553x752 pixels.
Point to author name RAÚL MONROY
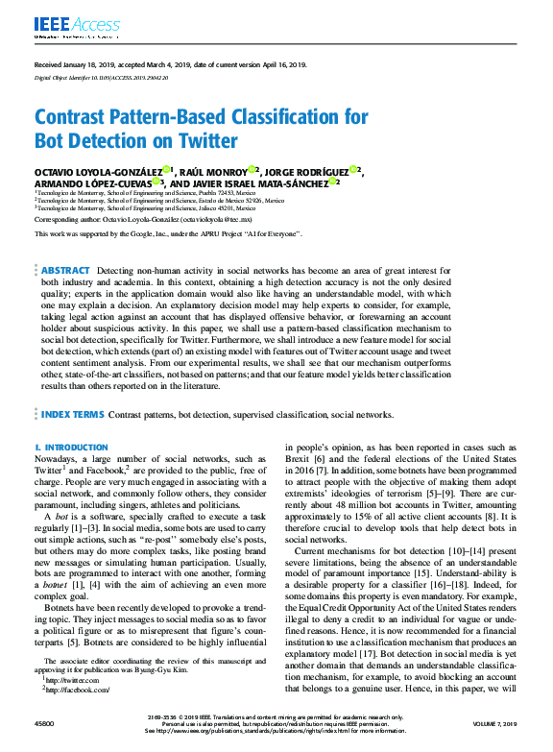tap(216, 171)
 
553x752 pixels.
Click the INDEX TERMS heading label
tap(72, 415)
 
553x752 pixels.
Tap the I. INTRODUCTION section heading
tap(71, 448)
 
